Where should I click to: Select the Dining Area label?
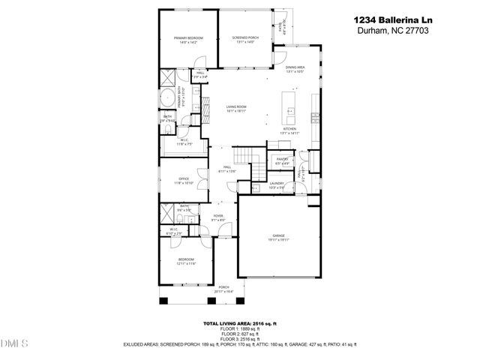click(295, 69)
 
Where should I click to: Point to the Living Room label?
click(236, 109)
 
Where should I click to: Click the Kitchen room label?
click(289, 130)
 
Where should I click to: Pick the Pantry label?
click(282, 160)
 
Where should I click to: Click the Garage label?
click(279, 238)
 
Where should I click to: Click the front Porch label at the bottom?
click(223, 288)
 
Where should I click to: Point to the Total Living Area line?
click(238, 323)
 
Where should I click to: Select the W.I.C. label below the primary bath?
click(184, 141)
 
